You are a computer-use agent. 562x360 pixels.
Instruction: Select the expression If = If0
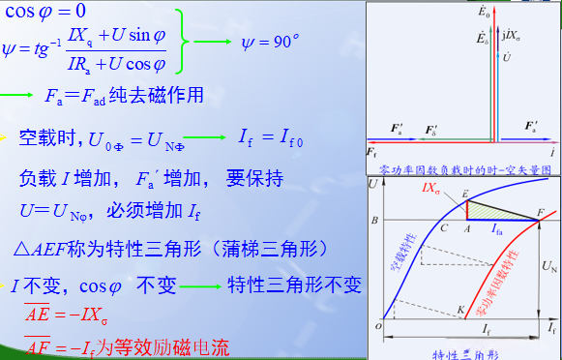273,137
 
